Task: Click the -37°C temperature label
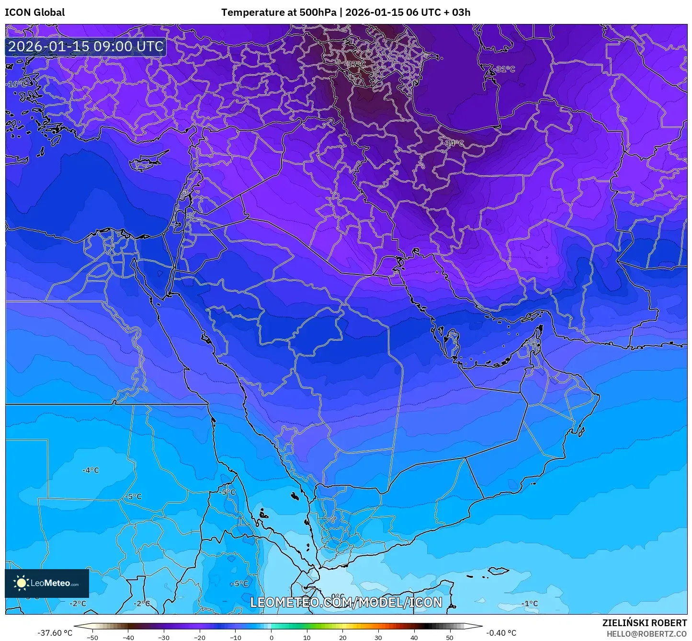click(x=355, y=64)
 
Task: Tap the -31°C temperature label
click(x=505, y=69)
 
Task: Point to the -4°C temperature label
click(x=90, y=470)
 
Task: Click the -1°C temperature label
click(x=529, y=604)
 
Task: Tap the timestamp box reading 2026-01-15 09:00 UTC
click(x=86, y=46)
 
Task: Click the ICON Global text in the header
click(x=34, y=12)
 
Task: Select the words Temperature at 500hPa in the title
click(x=279, y=12)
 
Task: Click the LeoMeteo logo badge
click(x=47, y=584)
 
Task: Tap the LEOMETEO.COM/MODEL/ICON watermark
click(x=346, y=602)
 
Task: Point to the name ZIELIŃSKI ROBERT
click(x=644, y=623)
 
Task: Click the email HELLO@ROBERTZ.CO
click(x=647, y=633)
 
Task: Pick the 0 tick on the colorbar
click(x=271, y=637)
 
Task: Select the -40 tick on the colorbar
click(x=128, y=637)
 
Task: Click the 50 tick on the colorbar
click(x=449, y=637)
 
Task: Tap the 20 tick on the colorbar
click(x=342, y=637)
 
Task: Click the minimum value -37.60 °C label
click(x=55, y=633)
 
